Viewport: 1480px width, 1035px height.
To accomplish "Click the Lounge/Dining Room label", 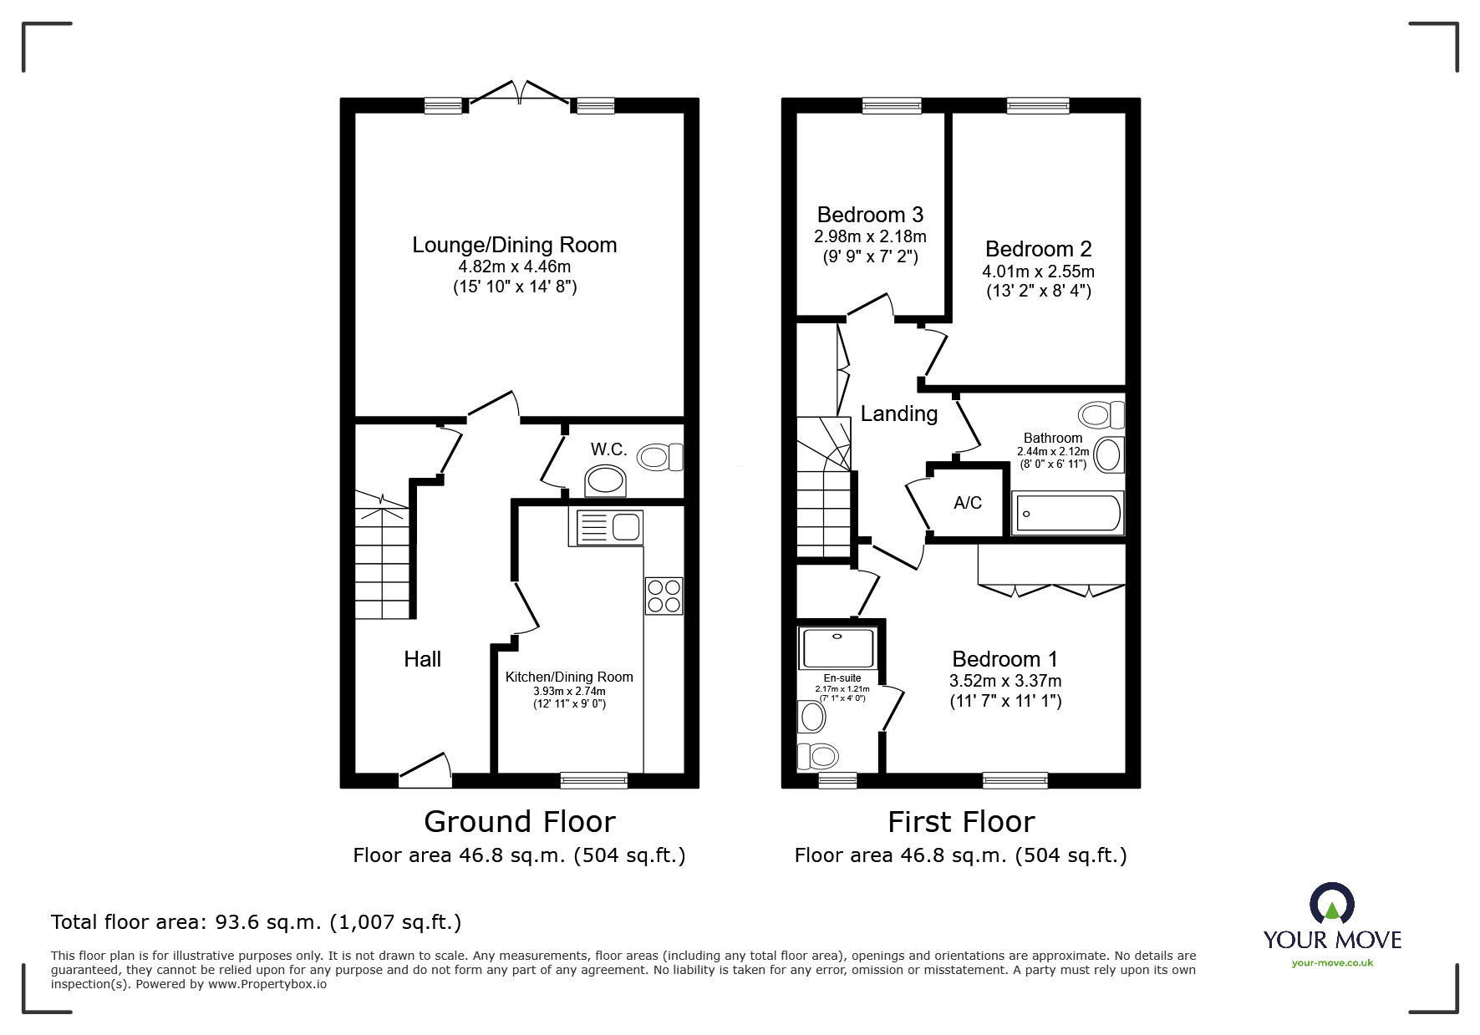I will coord(514,245).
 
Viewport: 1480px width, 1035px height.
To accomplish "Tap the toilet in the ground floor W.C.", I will coord(660,457).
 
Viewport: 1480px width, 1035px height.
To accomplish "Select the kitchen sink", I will coord(606,527).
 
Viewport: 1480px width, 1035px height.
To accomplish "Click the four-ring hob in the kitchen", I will coord(664,596).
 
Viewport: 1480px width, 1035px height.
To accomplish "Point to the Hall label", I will coord(422,659).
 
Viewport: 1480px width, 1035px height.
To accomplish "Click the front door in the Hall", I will coord(425,771).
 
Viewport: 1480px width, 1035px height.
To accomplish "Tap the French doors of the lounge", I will coord(520,93).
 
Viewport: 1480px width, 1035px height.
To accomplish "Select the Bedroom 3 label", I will coord(870,215).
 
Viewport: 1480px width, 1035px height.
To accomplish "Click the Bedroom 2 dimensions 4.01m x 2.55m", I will coord(1038,271).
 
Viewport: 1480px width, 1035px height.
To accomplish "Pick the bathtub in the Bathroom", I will coord(1067,513).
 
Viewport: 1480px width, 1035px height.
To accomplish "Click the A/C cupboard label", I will coord(968,503).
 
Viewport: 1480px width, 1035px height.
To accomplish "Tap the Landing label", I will coord(899,413).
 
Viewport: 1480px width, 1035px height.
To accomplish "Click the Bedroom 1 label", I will coord(1005,658).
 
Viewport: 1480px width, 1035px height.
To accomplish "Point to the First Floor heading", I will coord(961,822).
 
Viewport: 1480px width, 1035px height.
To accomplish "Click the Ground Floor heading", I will coord(519,822).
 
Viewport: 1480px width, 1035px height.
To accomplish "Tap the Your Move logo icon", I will coord(1331,905).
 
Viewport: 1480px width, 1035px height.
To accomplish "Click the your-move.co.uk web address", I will coord(1332,963).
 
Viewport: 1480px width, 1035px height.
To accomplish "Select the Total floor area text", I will coord(256,922).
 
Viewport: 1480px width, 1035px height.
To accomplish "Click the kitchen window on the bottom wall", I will coord(593,780).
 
